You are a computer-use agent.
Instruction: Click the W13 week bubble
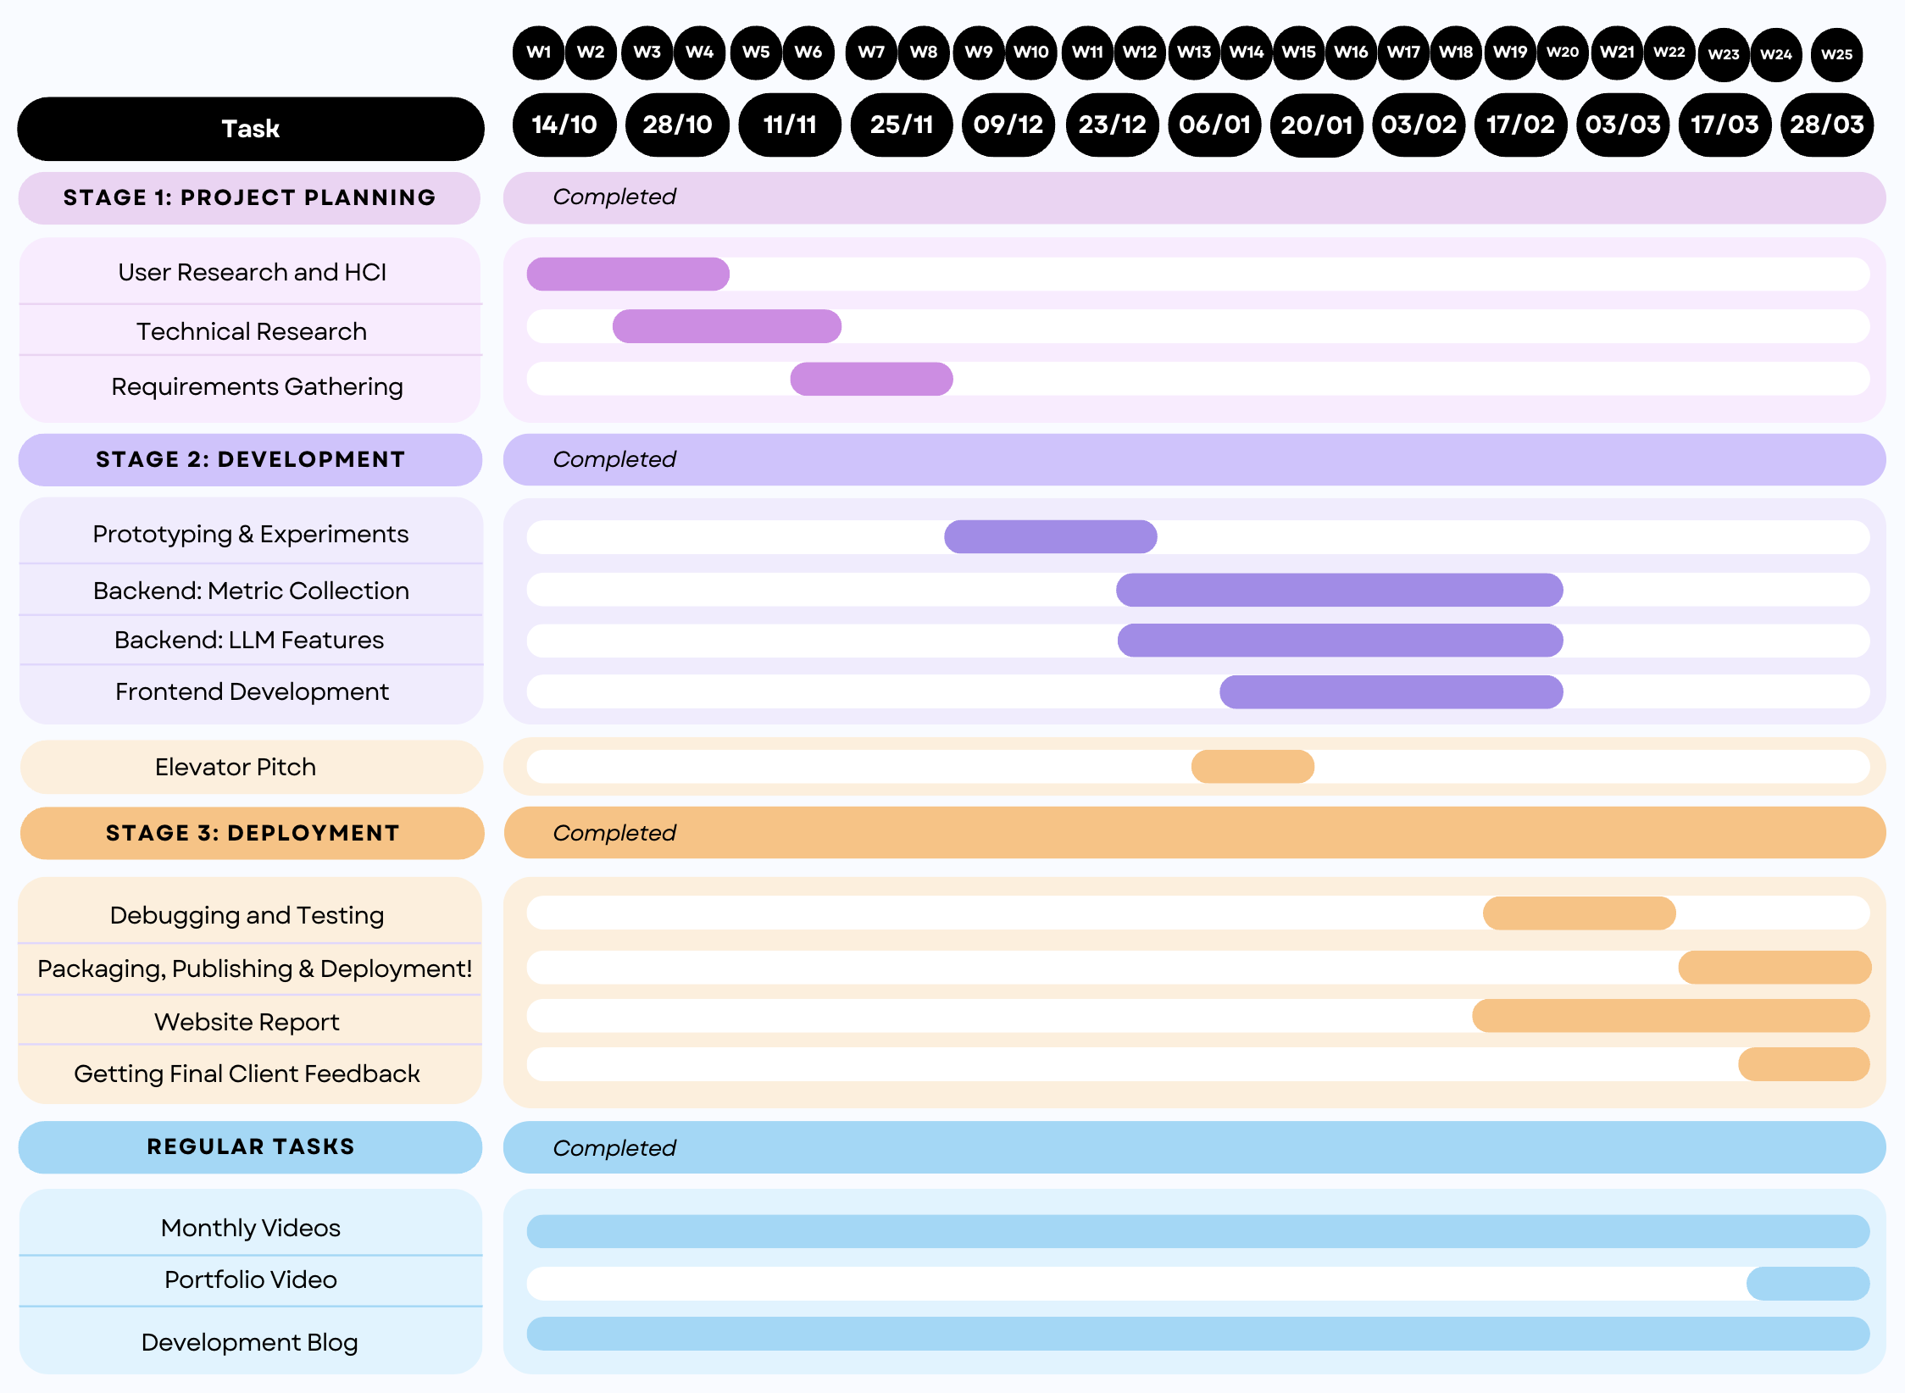1193,53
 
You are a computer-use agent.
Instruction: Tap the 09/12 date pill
1008,125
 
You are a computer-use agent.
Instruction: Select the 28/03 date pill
1826,125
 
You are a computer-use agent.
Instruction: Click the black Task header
250,129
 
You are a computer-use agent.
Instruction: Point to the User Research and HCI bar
627,275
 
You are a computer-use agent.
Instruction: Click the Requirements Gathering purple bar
871,379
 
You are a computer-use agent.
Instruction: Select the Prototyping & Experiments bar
1050,537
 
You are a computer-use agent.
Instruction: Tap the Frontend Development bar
1391,692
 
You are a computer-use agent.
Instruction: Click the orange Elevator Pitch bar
1252,767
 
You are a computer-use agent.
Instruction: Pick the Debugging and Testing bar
1579,913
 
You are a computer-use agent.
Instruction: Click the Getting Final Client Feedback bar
1803,1064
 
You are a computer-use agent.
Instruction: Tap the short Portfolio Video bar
1808,1284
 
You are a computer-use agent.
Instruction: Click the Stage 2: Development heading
250,460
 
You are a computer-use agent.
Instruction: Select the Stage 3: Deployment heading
252,833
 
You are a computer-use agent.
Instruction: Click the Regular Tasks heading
250,1147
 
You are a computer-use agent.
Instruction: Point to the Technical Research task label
252,331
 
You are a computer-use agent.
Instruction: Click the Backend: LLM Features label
249,640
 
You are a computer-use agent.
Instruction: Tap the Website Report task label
247,1022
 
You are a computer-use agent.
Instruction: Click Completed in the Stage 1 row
614,197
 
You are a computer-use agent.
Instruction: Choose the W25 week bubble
1836,54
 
